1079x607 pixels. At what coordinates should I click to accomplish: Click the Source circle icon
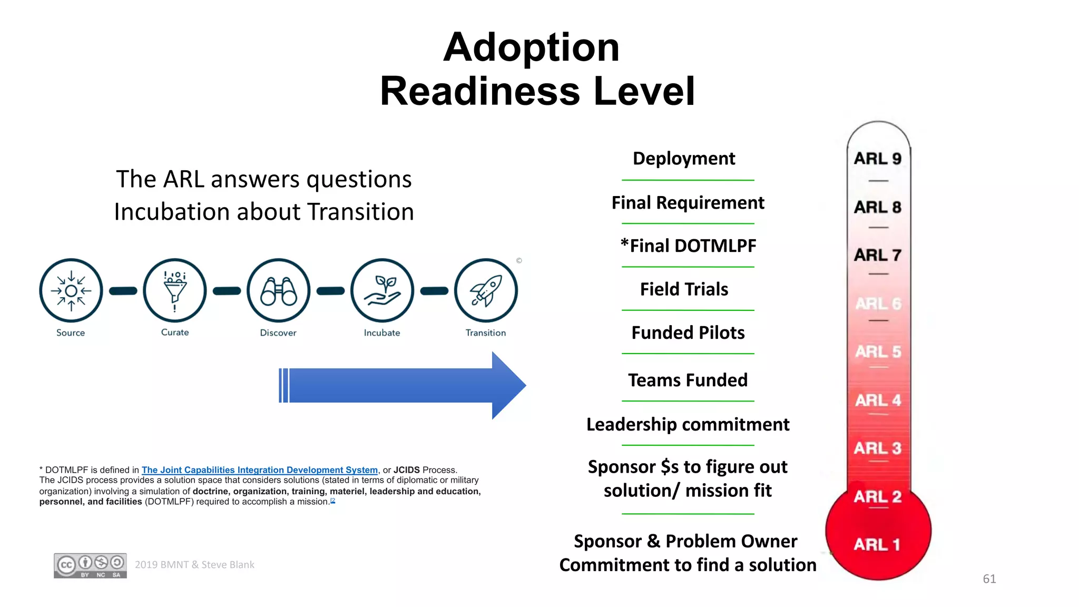(71, 290)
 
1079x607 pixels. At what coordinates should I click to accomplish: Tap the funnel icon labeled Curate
(175, 290)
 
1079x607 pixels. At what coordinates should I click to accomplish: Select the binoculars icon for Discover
(279, 290)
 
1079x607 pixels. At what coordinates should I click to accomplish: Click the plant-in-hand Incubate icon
(382, 290)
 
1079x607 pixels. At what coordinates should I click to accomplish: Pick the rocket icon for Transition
(486, 290)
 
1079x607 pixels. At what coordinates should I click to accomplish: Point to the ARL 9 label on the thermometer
(878, 159)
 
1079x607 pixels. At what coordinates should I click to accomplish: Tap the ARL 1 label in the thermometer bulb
(877, 544)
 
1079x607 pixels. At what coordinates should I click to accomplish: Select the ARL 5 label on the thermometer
(878, 351)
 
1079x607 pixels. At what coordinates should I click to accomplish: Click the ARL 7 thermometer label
(878, 255)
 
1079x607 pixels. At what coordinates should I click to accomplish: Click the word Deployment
(684, 159)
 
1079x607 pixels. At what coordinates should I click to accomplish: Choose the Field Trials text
(684, 289)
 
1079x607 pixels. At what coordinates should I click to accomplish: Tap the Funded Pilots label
(688, 333)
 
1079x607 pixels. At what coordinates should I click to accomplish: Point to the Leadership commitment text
(688, 425)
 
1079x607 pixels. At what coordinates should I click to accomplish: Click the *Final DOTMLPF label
(688, 246)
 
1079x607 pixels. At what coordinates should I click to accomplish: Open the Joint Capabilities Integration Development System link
(260, 470)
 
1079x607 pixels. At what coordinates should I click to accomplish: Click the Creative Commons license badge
(90, 566)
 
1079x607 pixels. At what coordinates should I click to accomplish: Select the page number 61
(989, 579)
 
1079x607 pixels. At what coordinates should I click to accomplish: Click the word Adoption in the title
(531, 47)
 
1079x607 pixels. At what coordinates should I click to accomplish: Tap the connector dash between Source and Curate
(123, 291)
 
